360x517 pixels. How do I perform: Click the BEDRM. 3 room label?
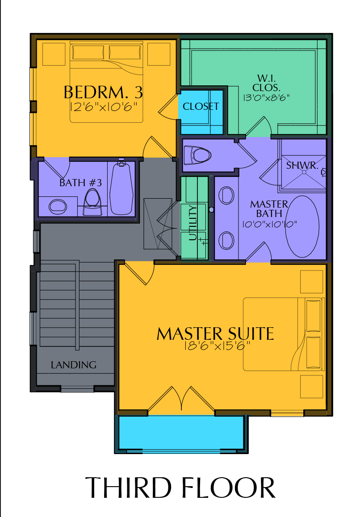coord(103,92)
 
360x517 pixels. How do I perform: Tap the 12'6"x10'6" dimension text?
coord(104,107)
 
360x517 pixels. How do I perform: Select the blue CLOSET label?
coord(201,106)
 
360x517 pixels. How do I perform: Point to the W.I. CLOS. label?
coord(266,83)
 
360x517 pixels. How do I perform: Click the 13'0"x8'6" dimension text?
coord(266,98)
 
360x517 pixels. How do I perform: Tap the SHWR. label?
coord(302,165)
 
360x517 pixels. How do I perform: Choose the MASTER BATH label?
coord(269,208)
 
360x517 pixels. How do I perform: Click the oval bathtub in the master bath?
coord(302,226)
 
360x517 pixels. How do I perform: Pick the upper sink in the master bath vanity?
coord(226,196)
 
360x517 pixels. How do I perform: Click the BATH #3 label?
coord(80,183)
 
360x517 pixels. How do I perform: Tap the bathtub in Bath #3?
coord(122,188)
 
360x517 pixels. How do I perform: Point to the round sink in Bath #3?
coord(58,207)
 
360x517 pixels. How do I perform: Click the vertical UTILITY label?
coord(193,223)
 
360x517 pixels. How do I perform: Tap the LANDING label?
coord(74,365)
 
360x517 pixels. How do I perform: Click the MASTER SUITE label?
coord(215,334)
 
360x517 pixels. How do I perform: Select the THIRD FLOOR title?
coord(180,488)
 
